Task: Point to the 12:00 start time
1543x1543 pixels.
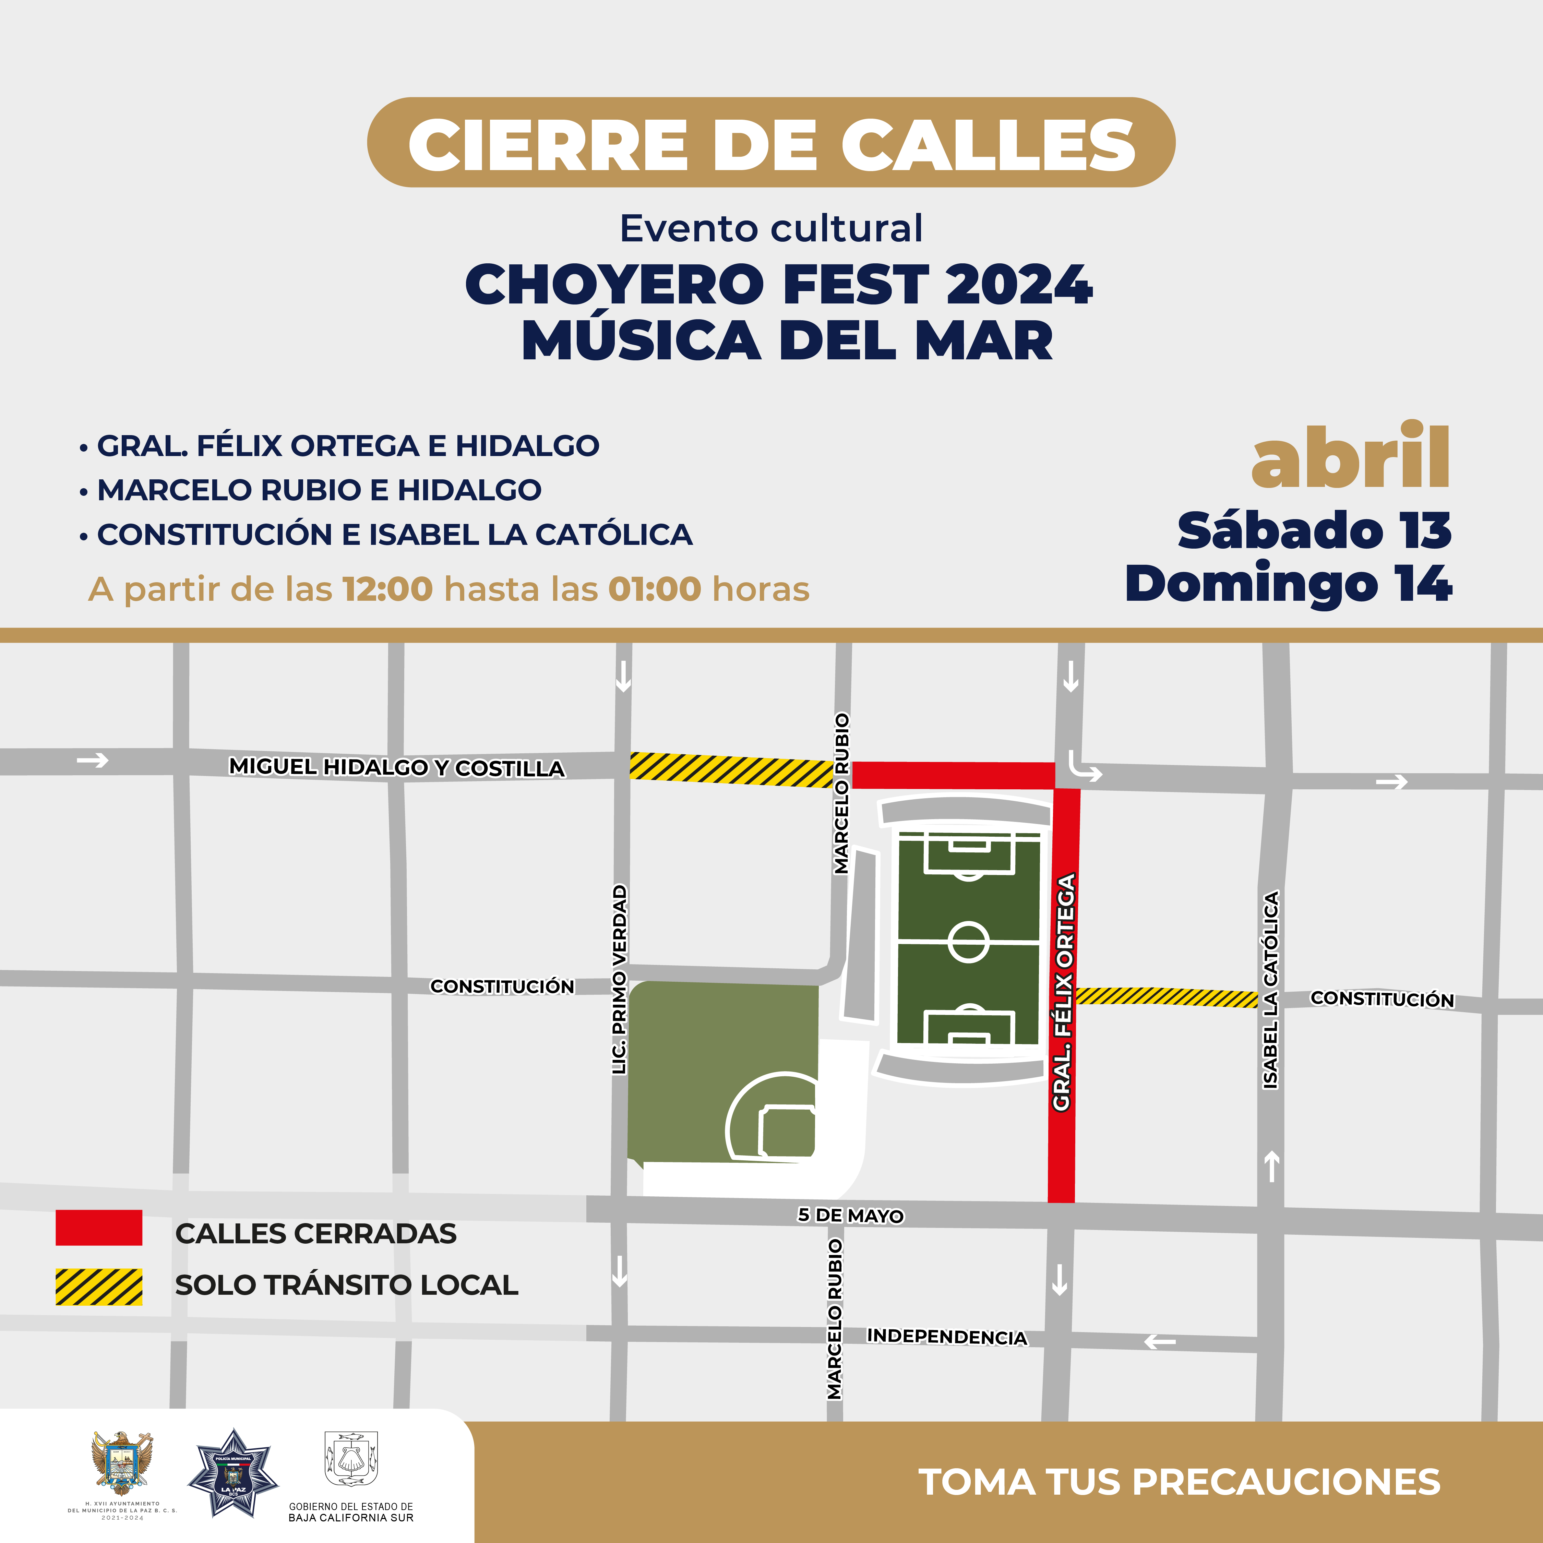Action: click(x=387, y=589)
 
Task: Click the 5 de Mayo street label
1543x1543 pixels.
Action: click(x=851, y=1216)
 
